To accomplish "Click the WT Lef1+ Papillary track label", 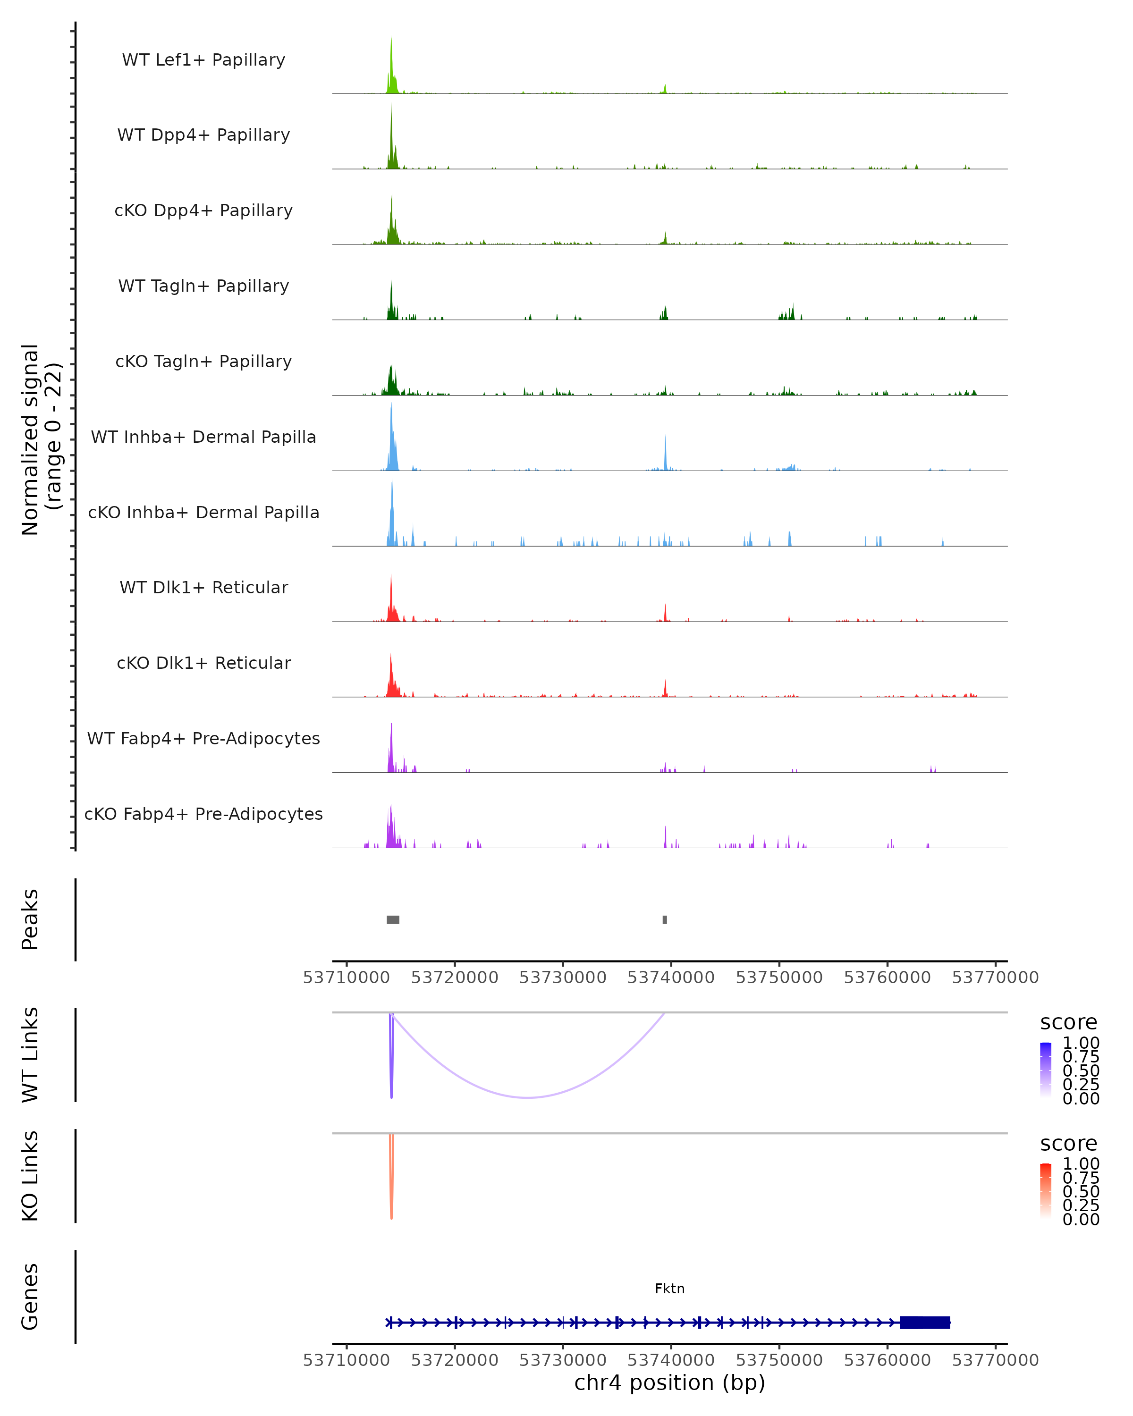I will [203, 60].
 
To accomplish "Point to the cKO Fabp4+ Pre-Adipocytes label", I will [203, 814].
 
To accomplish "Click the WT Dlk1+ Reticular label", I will [203, 587].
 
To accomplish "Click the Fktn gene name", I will [669, 1289].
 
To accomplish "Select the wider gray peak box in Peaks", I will [393, 919].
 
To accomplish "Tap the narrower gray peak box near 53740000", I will [665, 919].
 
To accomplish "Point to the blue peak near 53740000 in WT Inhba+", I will [665, 453].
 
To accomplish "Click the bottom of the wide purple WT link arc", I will [528, 1097].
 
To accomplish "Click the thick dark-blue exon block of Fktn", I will [925, 1322].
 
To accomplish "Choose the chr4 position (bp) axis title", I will [669, 1383].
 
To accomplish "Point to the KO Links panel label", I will [30, 1176].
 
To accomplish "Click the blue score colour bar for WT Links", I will [1046, 1069].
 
